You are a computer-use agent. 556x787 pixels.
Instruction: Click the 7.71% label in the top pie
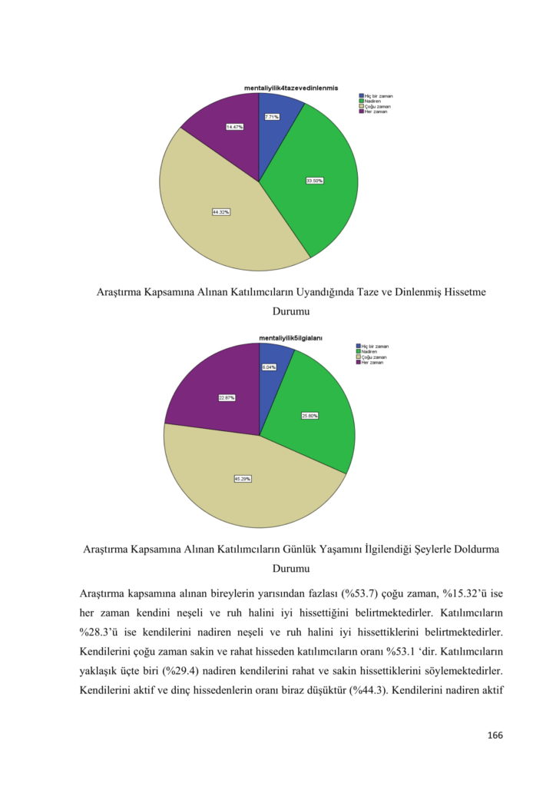[x=272, y=117]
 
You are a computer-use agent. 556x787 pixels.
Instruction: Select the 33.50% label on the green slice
[x=314, y=181]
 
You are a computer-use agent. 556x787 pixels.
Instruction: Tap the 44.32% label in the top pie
[x=221, y=211]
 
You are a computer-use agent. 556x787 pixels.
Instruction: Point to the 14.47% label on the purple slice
[x=235, y=126]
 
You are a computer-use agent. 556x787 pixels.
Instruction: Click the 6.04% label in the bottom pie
[x=269, y=367]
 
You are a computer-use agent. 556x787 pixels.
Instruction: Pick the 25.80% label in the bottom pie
[x=309, y=415]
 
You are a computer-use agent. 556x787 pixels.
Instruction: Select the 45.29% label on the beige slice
[x=243, y=478]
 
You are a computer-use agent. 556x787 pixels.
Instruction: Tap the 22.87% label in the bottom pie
[x=227, y=397]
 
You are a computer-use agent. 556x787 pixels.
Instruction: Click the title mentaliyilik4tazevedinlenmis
[x=291, y=88]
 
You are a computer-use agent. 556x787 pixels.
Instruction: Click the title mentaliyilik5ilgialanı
[x=290, y=337]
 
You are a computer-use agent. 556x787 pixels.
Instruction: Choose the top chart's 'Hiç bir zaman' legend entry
[x=377, y=95]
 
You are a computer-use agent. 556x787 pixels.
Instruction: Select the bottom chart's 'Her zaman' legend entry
[x=373, y=362]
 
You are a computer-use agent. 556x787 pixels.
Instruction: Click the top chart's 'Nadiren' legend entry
[x=372, y=101]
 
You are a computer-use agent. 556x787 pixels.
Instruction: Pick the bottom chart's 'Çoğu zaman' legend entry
[x=374, y=357]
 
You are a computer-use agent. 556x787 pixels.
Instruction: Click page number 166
[x=495, y=736]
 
